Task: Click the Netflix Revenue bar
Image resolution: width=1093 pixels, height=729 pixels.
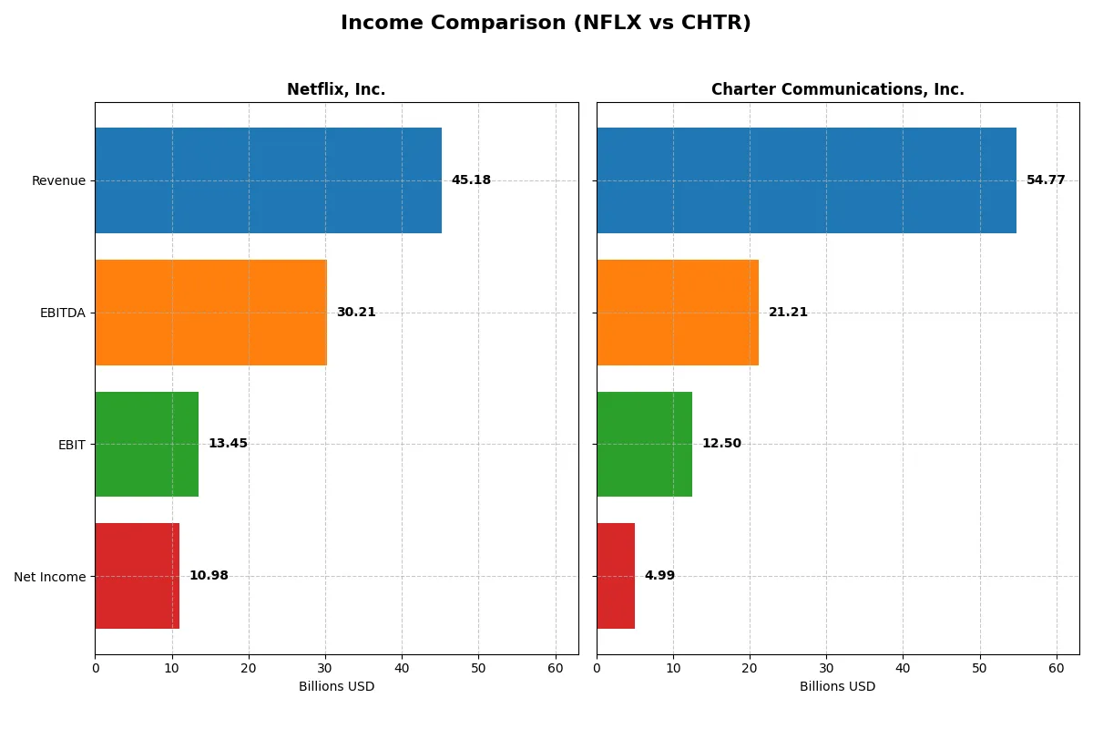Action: click(268, 180)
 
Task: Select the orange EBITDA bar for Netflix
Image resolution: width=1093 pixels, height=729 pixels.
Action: click(210, 313)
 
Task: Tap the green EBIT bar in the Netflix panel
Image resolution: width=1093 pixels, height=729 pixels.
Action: click(147, 444)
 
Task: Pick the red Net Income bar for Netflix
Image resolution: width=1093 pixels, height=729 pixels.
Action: click(137, 576)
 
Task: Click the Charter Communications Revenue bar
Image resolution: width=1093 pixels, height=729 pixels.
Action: click(806, 180)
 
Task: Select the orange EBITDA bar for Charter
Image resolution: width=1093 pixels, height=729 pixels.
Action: click(678, 313)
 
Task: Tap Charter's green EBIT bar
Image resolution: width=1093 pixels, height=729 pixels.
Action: click(644, 444)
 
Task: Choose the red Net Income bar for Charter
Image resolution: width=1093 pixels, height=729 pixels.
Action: click(616, 576)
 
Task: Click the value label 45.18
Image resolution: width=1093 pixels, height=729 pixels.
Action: click(471, 180)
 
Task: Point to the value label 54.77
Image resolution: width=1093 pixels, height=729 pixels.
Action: click(1046, 180)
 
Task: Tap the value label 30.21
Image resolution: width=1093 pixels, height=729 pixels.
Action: click(356, 313)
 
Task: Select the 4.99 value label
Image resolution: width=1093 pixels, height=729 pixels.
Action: click(659, 576)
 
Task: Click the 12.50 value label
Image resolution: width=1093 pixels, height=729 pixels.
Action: click(721, 444)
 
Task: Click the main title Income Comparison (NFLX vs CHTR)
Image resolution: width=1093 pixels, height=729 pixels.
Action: click(546, 24)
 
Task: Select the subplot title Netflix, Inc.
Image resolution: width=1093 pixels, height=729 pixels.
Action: click(336, 89)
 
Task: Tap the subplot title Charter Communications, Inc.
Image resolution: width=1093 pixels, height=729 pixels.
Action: click(837, 89)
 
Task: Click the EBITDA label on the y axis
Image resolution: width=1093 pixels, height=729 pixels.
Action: click(62, 313)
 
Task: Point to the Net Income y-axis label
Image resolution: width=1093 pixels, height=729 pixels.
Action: click(50, 577)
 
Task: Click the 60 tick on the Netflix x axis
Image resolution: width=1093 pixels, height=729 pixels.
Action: click(555, 668)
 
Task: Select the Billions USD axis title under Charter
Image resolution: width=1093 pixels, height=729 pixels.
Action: click(837, 686)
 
